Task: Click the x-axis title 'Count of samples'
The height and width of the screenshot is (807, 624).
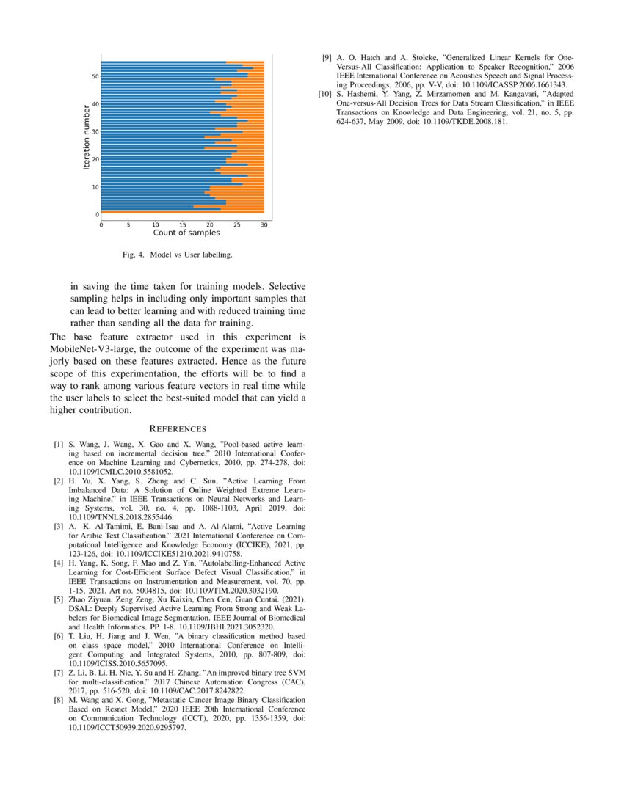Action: tap(186, 233)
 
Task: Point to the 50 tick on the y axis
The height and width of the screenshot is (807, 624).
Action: tap(95, 76)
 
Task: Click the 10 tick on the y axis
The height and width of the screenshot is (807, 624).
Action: tap(95, 187)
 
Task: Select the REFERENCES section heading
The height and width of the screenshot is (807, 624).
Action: tap(178, 428)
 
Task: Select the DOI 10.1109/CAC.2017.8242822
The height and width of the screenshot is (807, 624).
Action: tap(190, 691)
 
